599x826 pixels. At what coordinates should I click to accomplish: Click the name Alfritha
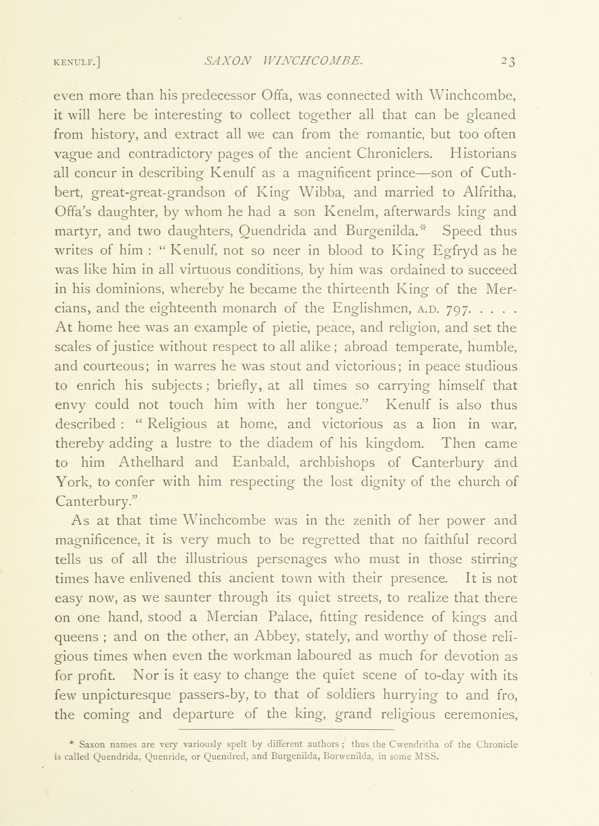tap(490, 192)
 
